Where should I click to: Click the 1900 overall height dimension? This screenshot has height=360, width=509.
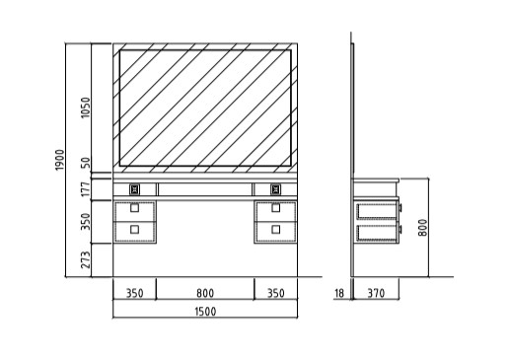[59, 160]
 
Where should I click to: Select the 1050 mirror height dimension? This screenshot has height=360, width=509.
[85, 108]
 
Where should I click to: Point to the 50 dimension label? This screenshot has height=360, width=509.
[85, 163]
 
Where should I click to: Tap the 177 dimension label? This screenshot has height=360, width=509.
[86, 189]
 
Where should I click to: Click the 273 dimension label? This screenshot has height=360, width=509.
[86, 259]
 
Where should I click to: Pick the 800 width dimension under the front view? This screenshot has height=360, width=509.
[205, 293]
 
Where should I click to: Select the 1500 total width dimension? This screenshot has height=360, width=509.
[205, 312]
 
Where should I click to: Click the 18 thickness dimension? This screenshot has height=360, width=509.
[339, 293]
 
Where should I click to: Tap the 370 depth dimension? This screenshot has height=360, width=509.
[376, 293]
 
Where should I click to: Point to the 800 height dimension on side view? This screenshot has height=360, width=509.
[423, 227]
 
